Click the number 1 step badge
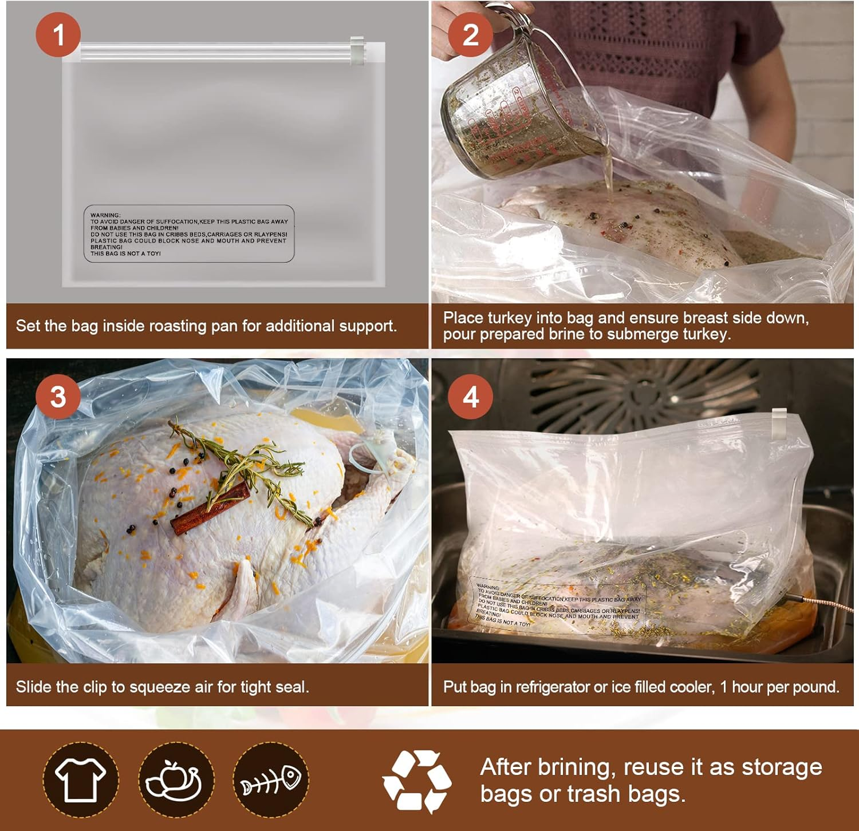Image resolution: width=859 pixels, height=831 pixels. click(58, 35)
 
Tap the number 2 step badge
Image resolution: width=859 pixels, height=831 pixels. click(470, 35)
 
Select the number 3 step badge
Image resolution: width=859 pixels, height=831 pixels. click(58, 397)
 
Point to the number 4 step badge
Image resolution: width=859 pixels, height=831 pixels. click(470, 397)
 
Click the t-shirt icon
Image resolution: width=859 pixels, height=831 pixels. click(80, 779)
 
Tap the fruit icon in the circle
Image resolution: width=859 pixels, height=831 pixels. click(175, 779)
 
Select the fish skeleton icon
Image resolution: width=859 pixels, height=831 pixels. click(271, 779)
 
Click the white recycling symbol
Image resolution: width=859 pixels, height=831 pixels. click(417, 781)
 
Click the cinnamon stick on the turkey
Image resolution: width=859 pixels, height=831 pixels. click(211, 508)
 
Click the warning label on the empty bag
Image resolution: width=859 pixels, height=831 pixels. click(189, 234)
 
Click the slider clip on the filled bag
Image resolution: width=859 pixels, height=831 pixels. click(779, 424)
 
